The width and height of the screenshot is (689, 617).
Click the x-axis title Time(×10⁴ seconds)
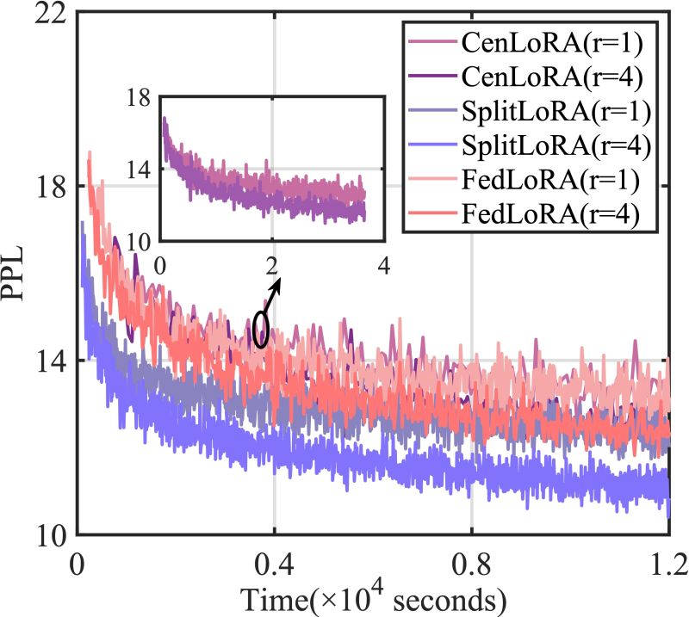click(372, 596)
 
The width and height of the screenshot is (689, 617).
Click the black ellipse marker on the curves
click(262, 329)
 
